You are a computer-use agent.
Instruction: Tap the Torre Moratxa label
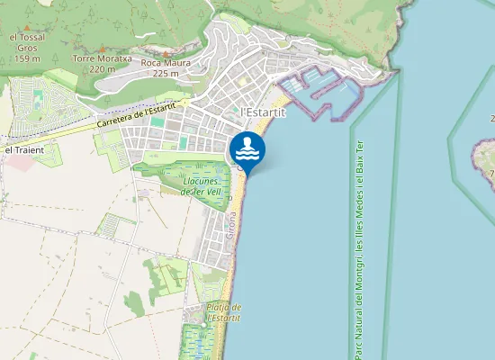[x=102, y=58]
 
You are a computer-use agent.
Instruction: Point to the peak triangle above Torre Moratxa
[x=103, y=49]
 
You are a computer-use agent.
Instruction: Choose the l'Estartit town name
[x=264, y=112]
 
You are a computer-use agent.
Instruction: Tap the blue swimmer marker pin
[x=247, y=149]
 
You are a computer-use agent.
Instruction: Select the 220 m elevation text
[x=103, y=69]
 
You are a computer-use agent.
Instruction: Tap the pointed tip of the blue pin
[x=247, y=175]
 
